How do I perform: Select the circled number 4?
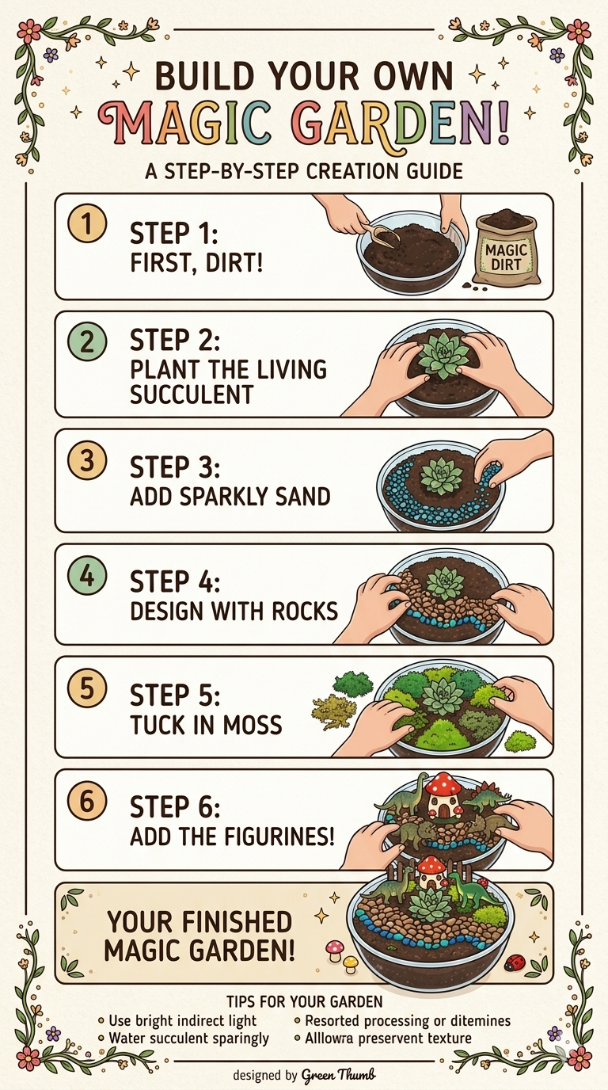pos(88,577)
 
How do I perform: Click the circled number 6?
pos(88,803)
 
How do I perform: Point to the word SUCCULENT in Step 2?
pos(191,394)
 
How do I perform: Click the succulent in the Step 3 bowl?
pos(435,478)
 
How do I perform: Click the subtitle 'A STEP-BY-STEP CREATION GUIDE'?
pos(305,171)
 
